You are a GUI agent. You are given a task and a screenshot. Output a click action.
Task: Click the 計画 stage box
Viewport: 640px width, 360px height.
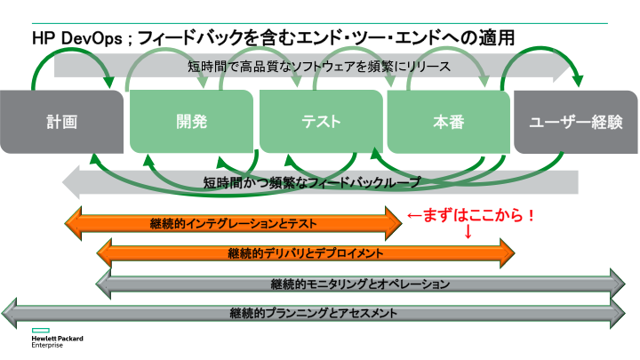point(61,122)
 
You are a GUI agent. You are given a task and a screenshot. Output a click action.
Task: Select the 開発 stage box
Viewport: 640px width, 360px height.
point(191,122)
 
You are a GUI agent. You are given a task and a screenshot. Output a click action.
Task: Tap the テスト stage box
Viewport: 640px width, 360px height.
point(321,122)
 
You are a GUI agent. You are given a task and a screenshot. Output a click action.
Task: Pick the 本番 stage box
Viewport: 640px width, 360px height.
point(449,122)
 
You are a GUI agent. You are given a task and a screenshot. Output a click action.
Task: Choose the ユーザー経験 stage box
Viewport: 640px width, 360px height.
point(576,122)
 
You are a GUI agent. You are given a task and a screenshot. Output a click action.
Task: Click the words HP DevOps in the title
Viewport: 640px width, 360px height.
point(77,39)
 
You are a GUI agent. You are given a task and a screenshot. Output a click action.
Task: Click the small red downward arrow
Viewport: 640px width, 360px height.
point(468,231)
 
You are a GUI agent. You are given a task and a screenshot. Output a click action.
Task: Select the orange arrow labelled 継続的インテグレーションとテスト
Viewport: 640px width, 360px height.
point(234,223)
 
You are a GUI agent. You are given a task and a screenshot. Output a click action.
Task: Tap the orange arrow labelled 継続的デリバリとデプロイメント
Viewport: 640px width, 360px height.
point(306,253)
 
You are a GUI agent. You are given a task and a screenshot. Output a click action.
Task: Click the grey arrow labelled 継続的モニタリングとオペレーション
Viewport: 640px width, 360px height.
point(360,284)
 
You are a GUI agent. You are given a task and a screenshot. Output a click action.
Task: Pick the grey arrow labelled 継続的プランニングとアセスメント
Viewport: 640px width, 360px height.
point(314,313)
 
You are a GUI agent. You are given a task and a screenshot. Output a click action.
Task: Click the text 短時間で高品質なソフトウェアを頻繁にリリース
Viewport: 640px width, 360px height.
point(319,66)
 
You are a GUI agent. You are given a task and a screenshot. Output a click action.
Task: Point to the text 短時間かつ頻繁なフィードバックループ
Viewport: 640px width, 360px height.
point(312,182)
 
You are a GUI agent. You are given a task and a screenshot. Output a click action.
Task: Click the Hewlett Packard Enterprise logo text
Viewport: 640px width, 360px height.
point(57,341)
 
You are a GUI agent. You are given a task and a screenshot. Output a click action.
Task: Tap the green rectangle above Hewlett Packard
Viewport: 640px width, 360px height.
point(40,330)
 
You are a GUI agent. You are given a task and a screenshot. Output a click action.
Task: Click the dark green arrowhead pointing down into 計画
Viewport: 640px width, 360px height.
point(109,82)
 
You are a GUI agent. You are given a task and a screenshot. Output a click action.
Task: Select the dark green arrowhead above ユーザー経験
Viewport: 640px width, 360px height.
point(578,81)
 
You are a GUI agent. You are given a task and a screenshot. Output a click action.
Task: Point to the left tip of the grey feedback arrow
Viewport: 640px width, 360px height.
point(62,182)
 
